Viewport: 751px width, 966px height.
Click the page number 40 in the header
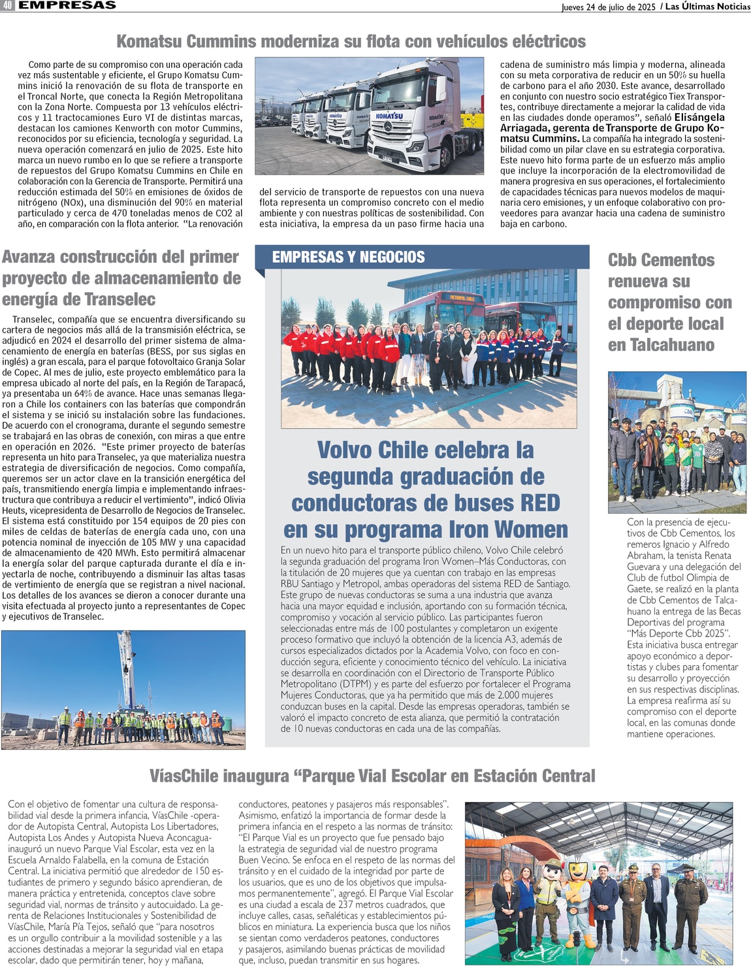[7, 5]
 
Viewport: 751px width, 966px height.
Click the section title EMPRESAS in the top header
[67, 5]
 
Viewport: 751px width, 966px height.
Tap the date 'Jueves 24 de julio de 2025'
[608, 7]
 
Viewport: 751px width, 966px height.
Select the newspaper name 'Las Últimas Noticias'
[707, 7]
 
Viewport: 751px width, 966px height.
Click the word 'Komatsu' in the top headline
[149, 41]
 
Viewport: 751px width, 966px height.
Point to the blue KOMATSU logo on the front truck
[389, 116]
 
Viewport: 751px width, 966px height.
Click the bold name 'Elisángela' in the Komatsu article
[699, 118]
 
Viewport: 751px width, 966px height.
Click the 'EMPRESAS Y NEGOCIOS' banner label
[348, 257]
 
